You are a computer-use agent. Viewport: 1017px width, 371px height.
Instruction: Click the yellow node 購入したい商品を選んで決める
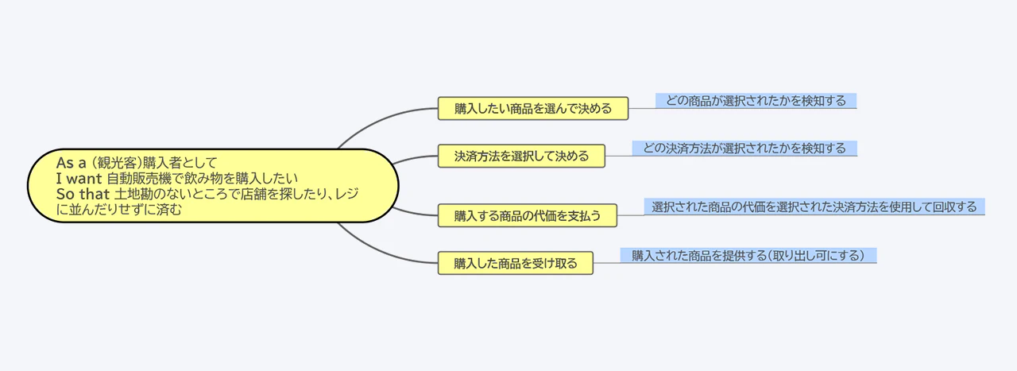click(x=532, y=109)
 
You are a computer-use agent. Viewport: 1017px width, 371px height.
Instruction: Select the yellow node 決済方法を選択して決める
click(x=521, y=156)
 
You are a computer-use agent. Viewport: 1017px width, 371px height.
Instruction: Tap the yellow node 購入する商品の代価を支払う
click(x=527, y=214)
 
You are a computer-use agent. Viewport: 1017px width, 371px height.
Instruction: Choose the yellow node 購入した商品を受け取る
click(x=515, y=263)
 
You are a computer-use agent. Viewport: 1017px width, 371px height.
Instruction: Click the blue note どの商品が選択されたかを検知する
click(x=756, y=101)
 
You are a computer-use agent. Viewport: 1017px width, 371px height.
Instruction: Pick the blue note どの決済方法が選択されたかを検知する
click(x=744, y=149)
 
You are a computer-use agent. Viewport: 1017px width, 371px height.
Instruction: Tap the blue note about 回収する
click(x=814, y=207)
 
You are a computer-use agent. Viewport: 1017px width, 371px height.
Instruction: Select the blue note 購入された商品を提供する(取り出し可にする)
click(x=748, y=256)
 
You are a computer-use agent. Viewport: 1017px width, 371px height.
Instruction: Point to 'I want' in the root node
click(x=79, y=179)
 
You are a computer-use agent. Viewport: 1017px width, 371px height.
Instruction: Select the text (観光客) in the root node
click(x=118, y=163)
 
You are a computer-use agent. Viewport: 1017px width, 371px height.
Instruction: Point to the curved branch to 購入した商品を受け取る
click(x=381, y=250)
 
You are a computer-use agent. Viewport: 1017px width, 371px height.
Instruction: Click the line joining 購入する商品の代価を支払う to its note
click(x=632, y=214)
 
